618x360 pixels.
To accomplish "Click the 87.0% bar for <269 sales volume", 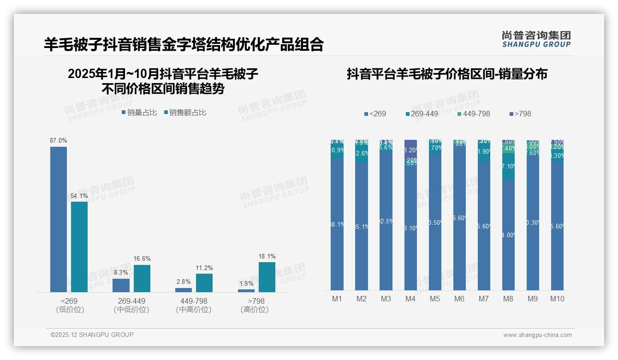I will coord(59,219).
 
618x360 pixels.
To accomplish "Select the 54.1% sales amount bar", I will coord(79,246).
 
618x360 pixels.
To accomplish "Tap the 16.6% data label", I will coord(142,258).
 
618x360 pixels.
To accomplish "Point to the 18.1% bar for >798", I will coord(267,277).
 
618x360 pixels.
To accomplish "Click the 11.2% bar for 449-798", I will coord(204,282).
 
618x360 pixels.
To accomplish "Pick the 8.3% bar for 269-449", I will coord(121,285).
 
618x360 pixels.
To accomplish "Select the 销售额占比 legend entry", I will coord(185,112).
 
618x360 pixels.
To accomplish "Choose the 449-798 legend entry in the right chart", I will coord(473,114).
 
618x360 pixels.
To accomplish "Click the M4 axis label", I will coord(410,299).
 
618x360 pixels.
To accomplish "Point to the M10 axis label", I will coord(557,299).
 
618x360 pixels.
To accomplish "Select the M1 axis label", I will coord(337,299).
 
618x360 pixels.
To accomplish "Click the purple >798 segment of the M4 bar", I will coord(410,149).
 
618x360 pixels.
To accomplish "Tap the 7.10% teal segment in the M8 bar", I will coord(508,166).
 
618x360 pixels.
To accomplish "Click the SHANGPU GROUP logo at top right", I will coord(536,39).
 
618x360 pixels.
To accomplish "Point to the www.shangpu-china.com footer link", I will coord(537,335).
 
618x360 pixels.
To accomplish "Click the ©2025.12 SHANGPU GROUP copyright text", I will coord(92,335).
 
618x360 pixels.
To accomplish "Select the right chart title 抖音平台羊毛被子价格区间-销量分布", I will coord(447,74).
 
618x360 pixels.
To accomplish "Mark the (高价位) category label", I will coord(255,310).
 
